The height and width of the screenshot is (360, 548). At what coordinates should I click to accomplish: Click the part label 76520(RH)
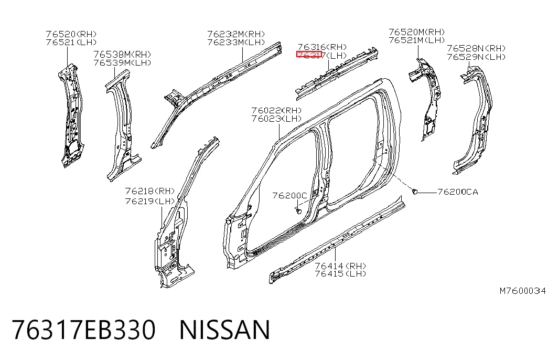71,34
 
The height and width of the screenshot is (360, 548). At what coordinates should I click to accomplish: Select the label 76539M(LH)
122,62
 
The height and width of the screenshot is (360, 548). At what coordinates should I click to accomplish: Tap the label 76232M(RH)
237,34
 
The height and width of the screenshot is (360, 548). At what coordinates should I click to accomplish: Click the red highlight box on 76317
309,54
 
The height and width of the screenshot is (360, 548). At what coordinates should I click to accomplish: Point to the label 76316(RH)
322,47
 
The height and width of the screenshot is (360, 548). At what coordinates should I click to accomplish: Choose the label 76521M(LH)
417,40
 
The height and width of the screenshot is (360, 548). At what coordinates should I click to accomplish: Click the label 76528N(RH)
476,48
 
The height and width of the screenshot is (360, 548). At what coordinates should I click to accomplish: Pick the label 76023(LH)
276,119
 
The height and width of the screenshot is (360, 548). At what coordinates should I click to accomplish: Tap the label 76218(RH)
150,191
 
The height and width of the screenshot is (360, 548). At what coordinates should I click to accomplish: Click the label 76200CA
458,192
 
